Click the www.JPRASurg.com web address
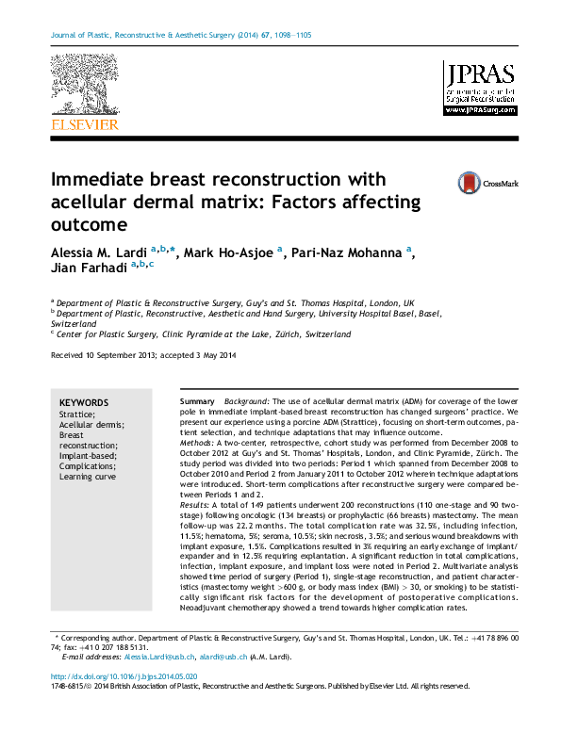coord(480,109)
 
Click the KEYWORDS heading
coord(84,402)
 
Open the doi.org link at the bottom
coord(124,676)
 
